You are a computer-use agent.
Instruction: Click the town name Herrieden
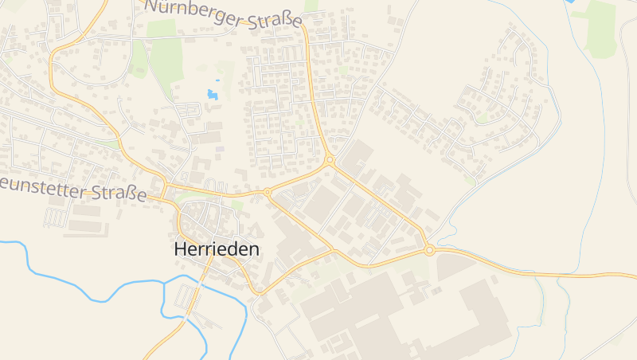(x=216, y=248)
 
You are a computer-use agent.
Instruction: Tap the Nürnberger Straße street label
(x=224, y=14)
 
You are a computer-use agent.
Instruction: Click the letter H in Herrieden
(x=180, y=248)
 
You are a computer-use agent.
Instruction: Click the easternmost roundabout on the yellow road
(x=429, y=250)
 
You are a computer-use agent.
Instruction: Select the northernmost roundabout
(x=329, y=160)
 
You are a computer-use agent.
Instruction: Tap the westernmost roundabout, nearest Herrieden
(x=268, y=192)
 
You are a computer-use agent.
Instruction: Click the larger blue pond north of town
(x=213, y=95)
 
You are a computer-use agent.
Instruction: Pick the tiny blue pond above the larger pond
(x=217, y=81)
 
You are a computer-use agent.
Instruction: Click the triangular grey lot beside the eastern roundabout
(x=454, y=264)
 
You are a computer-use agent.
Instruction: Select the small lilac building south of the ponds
(x=220, y=149)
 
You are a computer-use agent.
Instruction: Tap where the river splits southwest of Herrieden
(x=165, y=283)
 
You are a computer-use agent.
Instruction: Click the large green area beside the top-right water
(x=601, y=28)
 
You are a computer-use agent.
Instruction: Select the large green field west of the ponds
(x=166, y=60)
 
